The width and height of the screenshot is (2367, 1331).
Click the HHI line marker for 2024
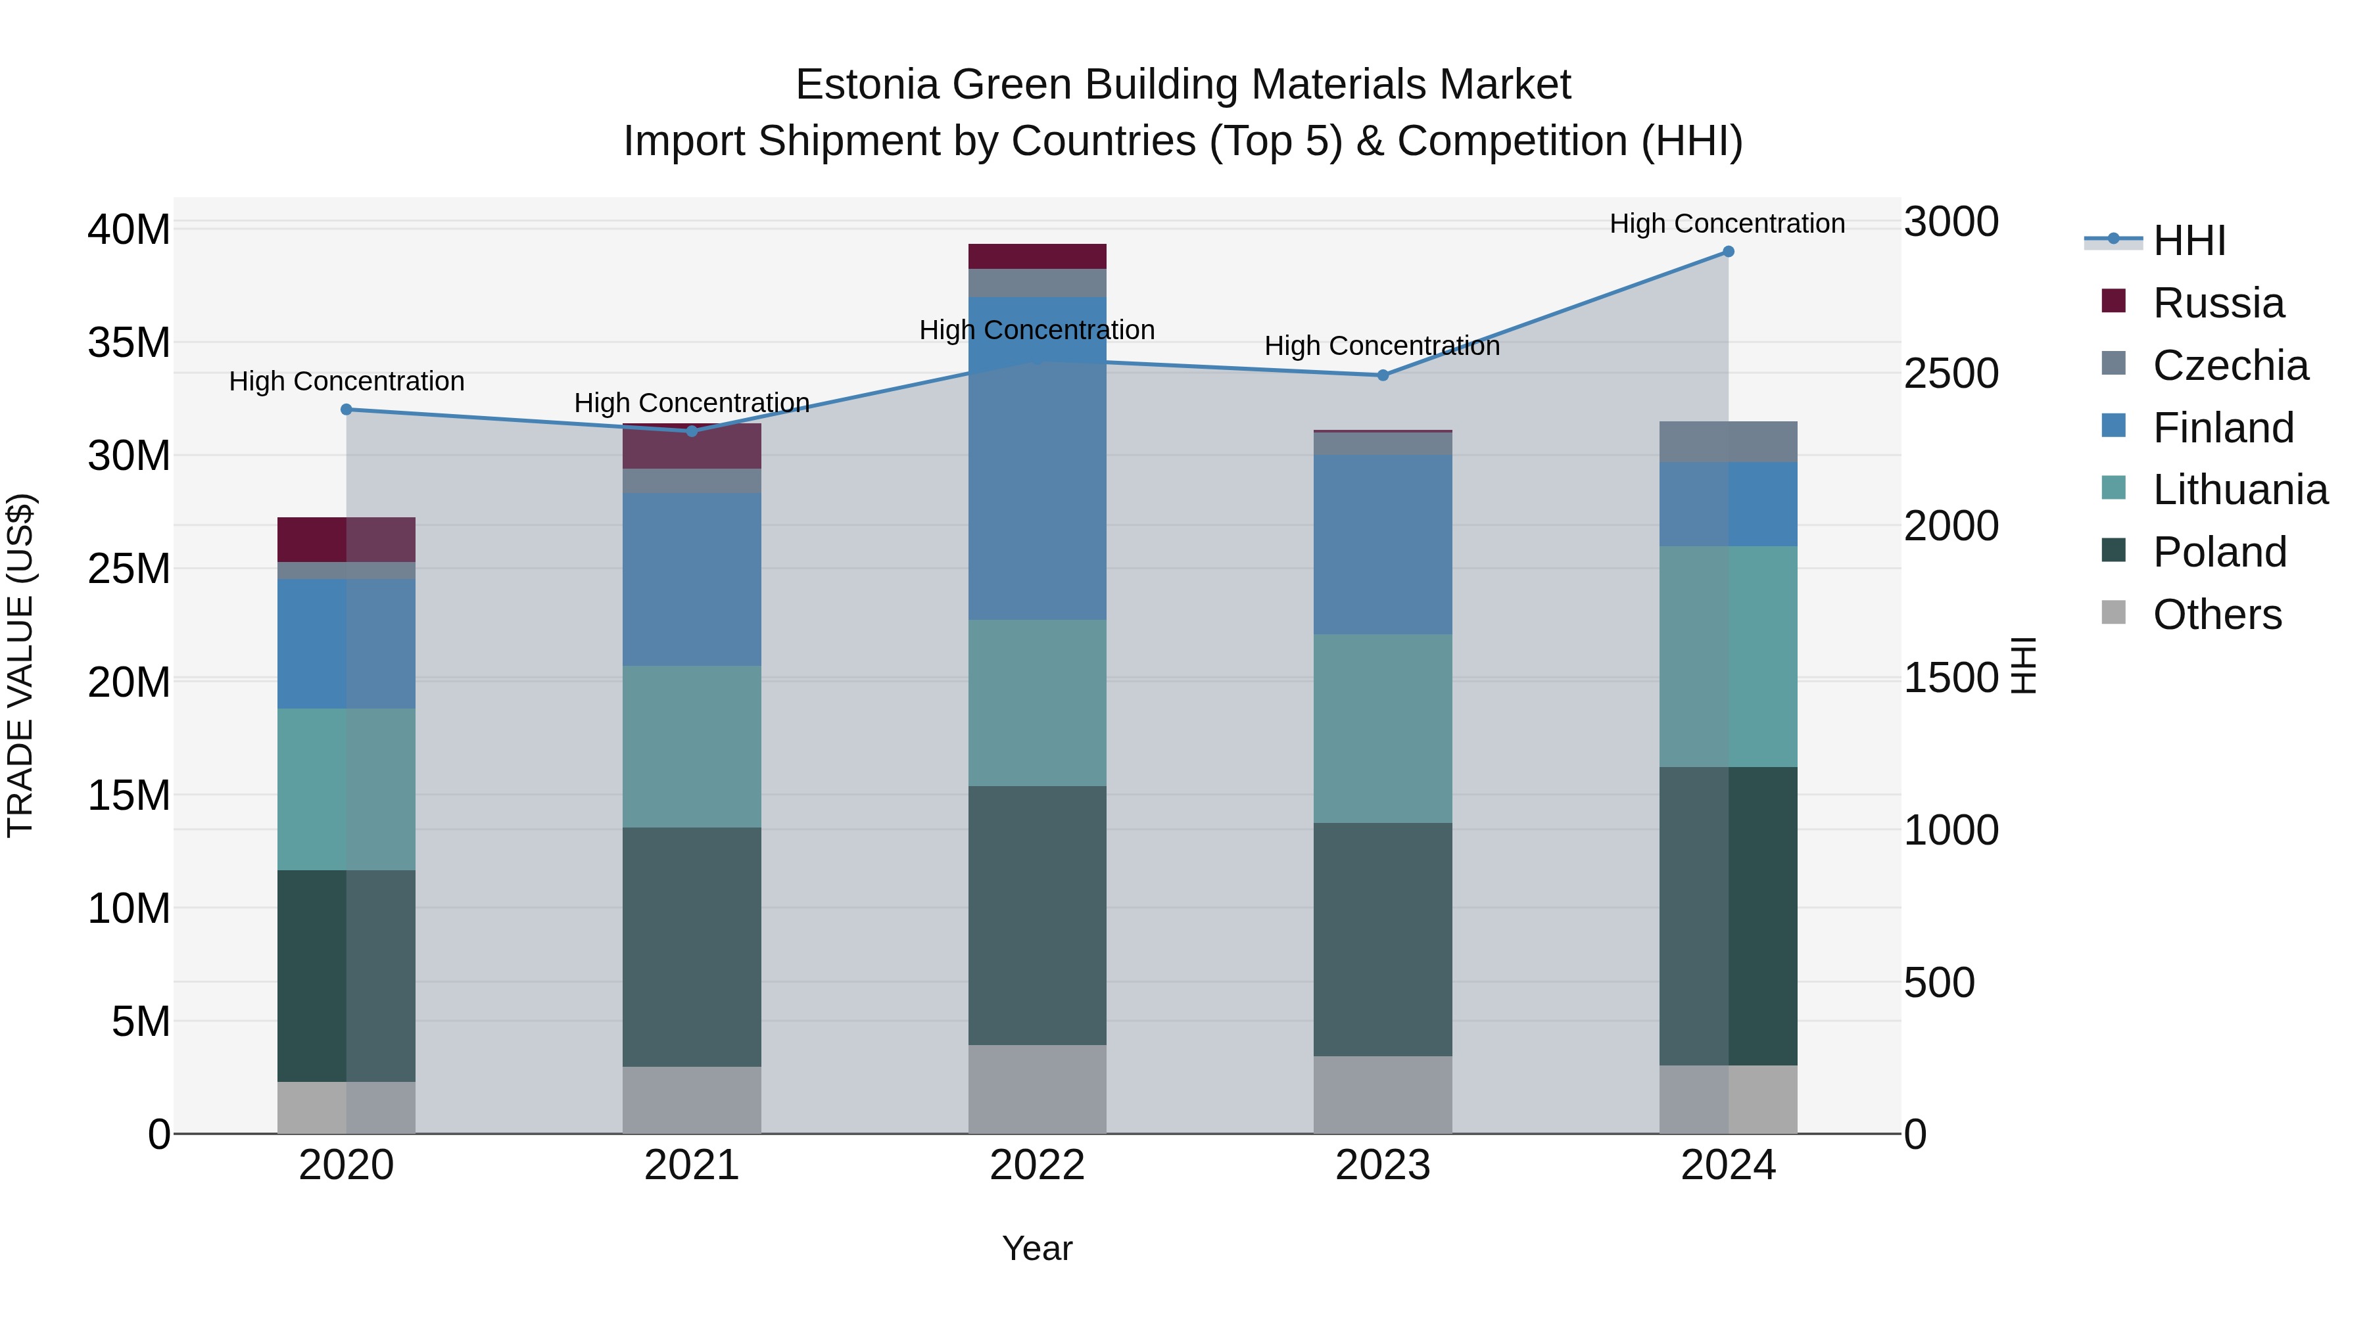point(1727,252)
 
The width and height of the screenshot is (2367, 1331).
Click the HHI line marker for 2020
point(347,409)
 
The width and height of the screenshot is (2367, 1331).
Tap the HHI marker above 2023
point(1382,375)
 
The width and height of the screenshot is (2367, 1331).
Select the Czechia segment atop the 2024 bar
point(1727,442)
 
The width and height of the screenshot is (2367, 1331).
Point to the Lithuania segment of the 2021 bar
point(691,746)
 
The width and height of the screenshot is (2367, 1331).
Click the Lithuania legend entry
point(2239,490)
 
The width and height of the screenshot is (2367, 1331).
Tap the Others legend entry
point(2216,615)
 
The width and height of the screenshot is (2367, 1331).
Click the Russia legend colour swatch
point(2113,301)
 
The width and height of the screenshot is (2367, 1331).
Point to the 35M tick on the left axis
point(129,342)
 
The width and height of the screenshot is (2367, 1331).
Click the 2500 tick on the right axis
point(1950,374)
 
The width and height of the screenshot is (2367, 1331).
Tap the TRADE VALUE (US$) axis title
point(20,665)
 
